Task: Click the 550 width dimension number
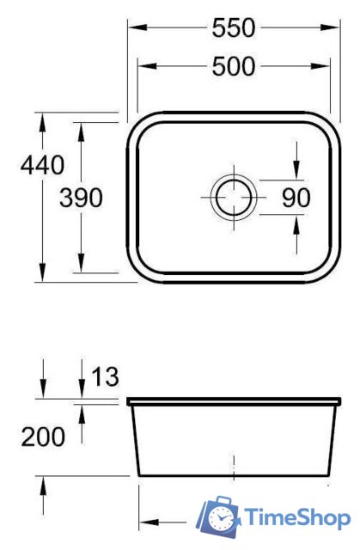click(234, 28)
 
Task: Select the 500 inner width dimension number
click(234, 65)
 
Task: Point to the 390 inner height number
click(82, 199)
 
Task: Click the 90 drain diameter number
click(296, 198)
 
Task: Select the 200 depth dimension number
click(43, 437)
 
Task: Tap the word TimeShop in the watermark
click(296, 517)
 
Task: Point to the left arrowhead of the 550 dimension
click(134, 28)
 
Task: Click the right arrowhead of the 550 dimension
click(333, 28)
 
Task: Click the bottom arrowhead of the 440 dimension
click(41, 275)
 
